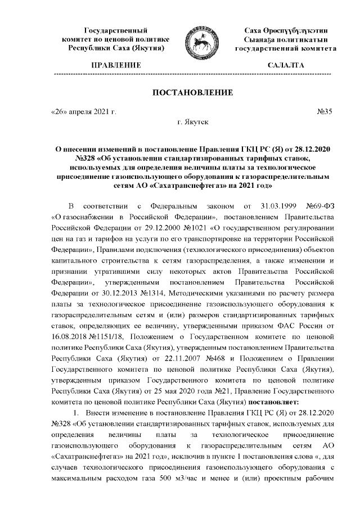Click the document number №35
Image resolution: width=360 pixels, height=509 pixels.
pos(325,111)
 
